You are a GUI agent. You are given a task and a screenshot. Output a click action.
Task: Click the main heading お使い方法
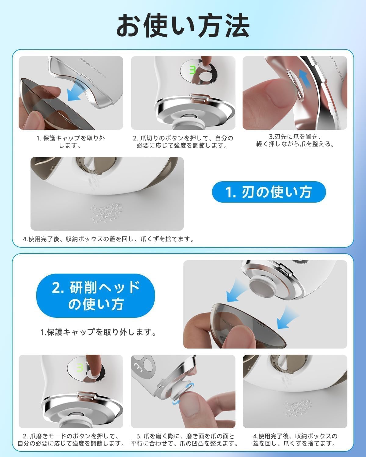point(183,26)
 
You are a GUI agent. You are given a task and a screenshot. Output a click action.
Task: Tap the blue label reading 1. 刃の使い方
point(269,192)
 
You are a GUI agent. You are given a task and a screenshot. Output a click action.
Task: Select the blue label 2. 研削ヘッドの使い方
point(95,296)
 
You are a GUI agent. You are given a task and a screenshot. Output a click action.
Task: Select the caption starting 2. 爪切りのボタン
point(183,142)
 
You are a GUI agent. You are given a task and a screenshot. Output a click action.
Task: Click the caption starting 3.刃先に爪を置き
point(295,140)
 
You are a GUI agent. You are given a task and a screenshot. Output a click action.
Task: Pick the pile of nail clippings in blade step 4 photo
point(107,212)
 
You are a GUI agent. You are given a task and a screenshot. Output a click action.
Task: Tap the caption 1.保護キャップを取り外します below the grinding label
point(98,332)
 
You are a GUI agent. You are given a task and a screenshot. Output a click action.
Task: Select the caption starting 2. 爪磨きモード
point(71,440)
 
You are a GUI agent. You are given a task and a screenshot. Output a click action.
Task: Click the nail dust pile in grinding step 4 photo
point(298,408)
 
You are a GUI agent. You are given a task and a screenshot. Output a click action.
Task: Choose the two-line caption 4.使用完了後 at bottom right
point(295,440)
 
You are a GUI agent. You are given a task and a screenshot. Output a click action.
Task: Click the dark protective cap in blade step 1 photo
point(53,104)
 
